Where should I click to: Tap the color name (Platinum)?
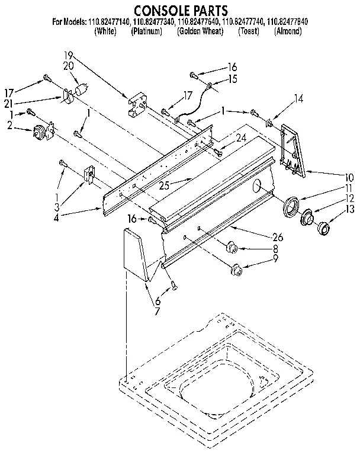pyautogui.click(x=146, y=31)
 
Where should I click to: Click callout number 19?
pyautogui.click(x=69, y=57)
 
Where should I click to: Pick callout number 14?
pyautogui.click(x=298, y=100)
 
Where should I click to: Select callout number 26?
pyautogui.click(x=278, y=237)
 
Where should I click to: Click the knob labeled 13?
pyautogui.click(x=325, y=228)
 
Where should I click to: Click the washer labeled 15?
pyautogui.click(x=209, y=89)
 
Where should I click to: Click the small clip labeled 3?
pyautogui.click(x=90, y=174)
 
